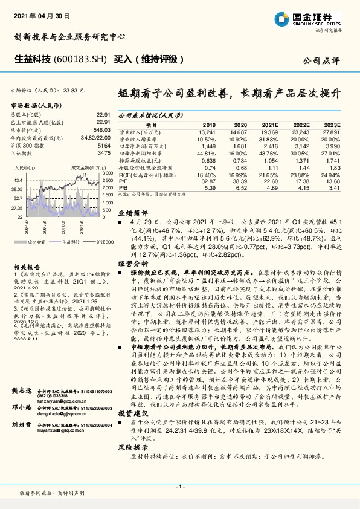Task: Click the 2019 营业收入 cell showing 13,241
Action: pyautogui.click(x=207, y=131)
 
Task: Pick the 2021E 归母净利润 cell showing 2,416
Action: pyautogui.click(x=269, y=146)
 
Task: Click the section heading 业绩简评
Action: pyautogui.click(x=132, y=213)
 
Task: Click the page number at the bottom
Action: pyautogui.click(x=179, y=486)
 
